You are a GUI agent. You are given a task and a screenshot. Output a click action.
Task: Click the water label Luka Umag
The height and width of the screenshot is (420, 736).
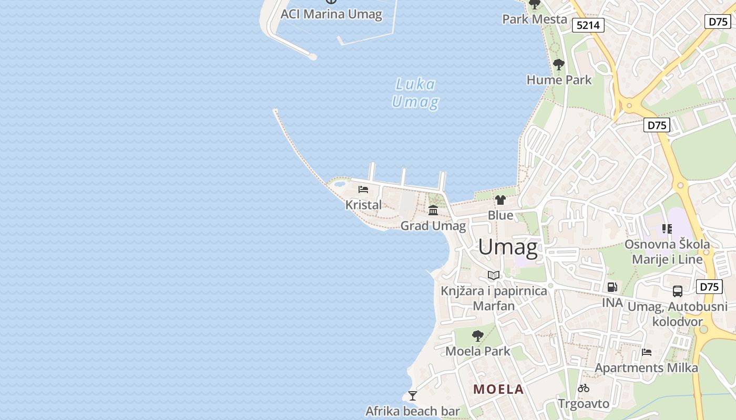point(415,93)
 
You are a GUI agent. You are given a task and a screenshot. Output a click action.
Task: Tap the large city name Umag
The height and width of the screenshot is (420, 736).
point(508,247)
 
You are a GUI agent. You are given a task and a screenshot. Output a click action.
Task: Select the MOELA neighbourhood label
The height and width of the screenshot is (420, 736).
point(498,389)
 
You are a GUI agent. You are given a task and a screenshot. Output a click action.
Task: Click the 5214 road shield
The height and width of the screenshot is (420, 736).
point(588,25)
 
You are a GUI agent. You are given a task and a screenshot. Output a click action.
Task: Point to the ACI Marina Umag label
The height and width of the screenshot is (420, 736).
point(331,14)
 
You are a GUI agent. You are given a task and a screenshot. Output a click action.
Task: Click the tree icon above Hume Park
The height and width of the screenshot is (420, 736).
point(559,65)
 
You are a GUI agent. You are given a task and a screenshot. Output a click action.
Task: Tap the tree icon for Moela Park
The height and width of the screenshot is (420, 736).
point(478,336)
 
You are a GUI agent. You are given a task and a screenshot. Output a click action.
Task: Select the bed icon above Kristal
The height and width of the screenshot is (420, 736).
point(363,190)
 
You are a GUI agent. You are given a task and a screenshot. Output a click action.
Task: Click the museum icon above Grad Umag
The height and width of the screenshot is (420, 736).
point(433,211)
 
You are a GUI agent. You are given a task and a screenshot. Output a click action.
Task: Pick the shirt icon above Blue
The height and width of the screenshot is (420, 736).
point(500,200)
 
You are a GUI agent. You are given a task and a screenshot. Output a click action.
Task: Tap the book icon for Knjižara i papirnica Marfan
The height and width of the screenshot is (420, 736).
point(494,275)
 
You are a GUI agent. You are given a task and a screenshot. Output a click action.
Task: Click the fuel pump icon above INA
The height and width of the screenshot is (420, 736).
point(612,287)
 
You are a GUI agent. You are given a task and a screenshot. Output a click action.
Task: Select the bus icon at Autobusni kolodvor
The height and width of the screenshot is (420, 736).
point(678,291)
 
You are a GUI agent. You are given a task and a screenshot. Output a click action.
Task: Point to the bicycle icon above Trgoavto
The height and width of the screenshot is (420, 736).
point(584,388)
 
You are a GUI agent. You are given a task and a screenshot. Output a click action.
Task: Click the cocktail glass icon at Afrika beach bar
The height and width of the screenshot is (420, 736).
point(413,395)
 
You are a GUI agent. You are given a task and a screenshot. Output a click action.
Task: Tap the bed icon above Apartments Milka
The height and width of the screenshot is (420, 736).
point(647,352)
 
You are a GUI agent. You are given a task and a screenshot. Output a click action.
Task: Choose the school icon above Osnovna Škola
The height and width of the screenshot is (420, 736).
point(667,229)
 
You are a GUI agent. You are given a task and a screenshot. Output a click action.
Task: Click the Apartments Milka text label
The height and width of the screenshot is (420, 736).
point(646,368)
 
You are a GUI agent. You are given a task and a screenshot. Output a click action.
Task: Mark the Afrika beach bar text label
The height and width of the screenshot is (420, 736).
point(413,411)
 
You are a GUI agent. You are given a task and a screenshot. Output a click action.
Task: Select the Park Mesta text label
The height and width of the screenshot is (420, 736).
point(535,19)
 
